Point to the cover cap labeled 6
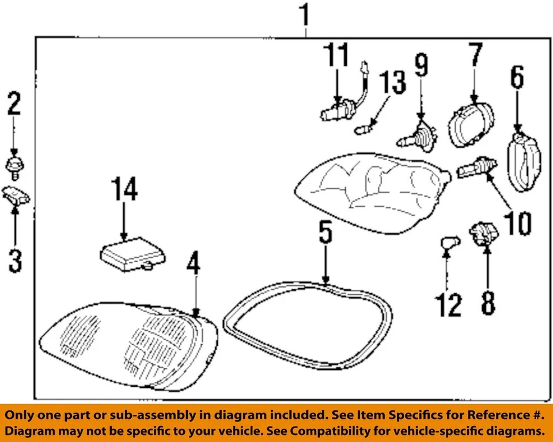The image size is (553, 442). [524, 161]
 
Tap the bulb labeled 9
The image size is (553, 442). [418, 135]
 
